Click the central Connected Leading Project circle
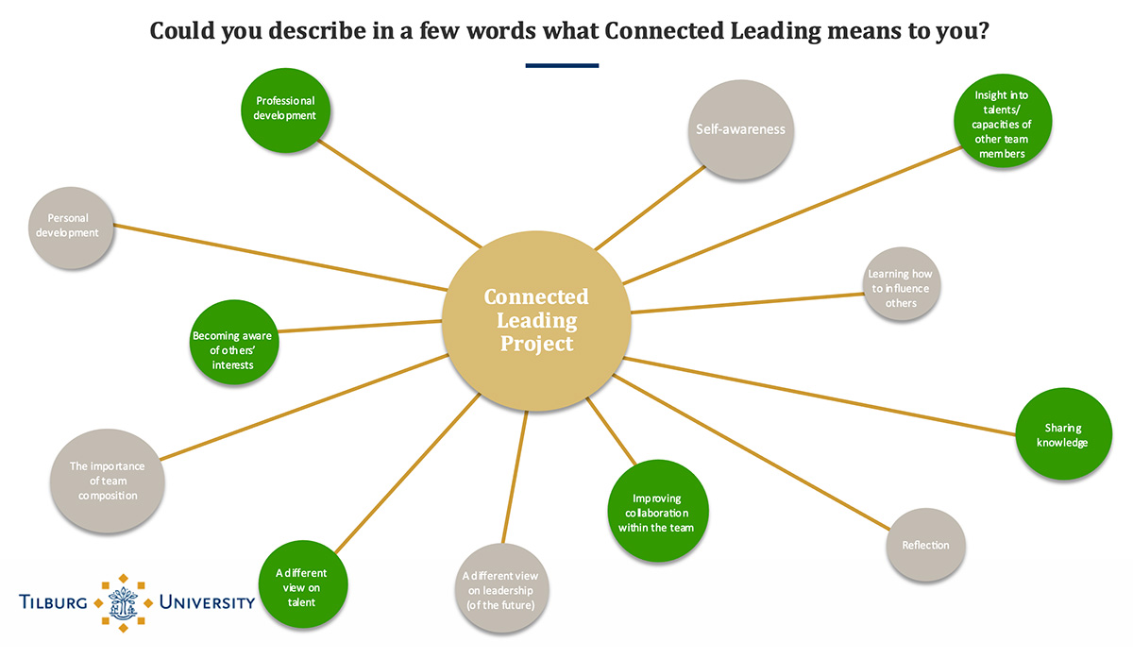point(536,321)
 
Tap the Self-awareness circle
point(740,129)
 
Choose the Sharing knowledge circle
point(1062,435)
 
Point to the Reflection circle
point(925,545)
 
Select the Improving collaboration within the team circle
point(656,514)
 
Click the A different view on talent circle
point(301,585)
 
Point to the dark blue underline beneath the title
point(562,66)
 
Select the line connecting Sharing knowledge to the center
point(821,396)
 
